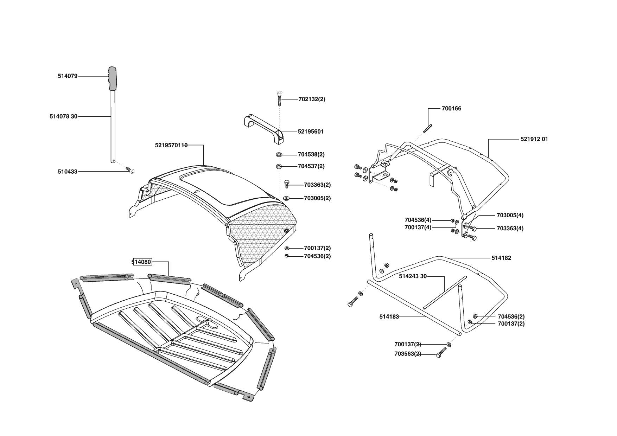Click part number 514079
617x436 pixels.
68,76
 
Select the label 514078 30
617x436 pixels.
63,116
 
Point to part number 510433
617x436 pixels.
68,172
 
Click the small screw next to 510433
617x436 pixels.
131,171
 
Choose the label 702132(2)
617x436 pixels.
312,99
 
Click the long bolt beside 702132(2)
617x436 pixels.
279,97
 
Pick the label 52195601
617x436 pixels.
311,132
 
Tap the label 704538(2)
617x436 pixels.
311,154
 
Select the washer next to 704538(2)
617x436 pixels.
280,155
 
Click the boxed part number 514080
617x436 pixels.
141,262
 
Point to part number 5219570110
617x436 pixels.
171,145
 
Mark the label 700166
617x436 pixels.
451,109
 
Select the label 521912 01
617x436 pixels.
534,139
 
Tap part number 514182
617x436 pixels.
501,258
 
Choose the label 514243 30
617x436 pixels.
413,276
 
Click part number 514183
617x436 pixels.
389,316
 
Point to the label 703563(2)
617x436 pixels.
408,354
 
